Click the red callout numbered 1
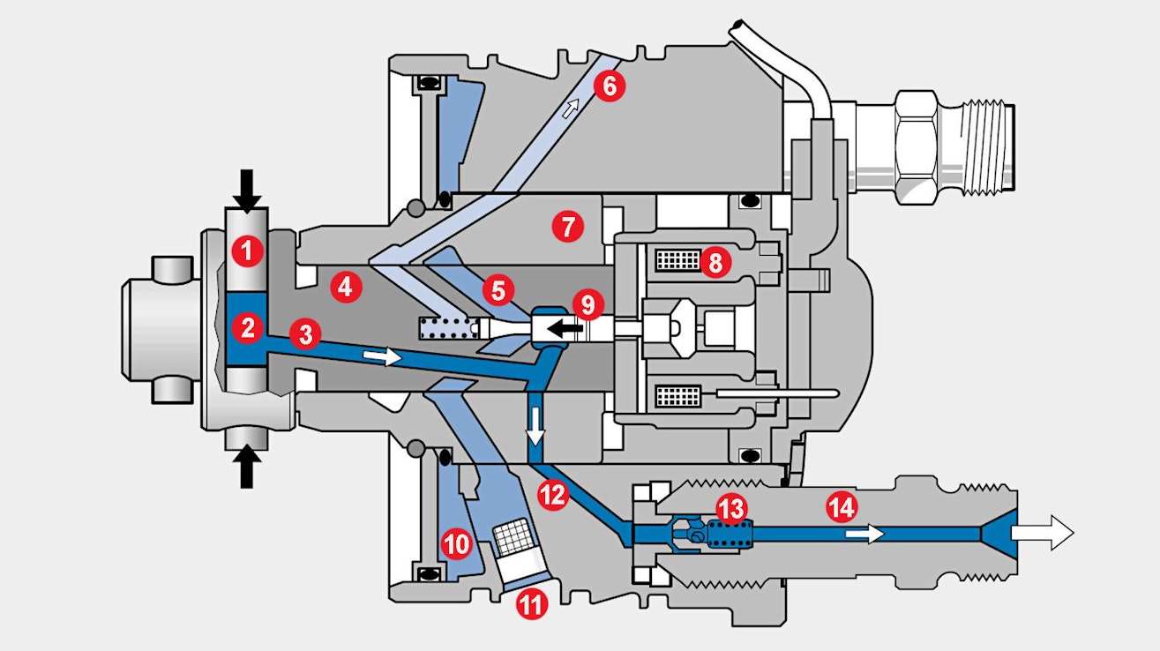[x=248, y=252]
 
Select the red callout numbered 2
[x=248, y=329]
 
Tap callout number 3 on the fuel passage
[x=305, y=335]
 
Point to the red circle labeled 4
[x=345, y=287]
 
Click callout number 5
[x=498, y=289]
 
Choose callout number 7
[x=567, y=228]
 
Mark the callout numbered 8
[x=715, y=261]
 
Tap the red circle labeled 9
[x=588, y=304]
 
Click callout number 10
[x=457, y=544]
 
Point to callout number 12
[x=553, y=495]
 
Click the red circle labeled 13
[x=731, y=507]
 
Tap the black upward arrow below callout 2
[x=248, y=466]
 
